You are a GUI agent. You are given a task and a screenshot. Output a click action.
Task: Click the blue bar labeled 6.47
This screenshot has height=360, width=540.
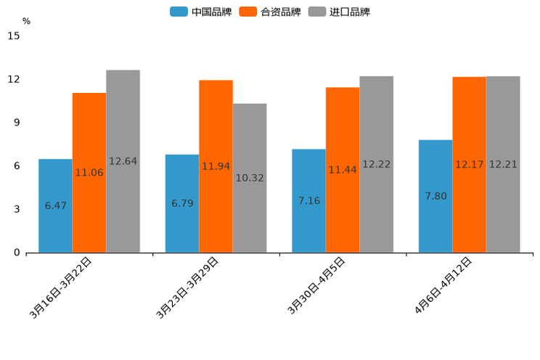coord(55,205)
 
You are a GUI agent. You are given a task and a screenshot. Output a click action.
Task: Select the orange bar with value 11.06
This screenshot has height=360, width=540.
coord(89,173)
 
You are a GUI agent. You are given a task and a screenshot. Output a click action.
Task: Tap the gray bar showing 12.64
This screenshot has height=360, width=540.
coord(123,161)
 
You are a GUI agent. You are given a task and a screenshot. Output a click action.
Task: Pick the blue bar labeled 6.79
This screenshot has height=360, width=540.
coord(182,203)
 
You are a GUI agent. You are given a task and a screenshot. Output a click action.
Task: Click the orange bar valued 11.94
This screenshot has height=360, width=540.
coord(216,166)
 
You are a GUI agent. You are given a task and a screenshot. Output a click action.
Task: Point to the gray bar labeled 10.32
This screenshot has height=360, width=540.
coord(250,178)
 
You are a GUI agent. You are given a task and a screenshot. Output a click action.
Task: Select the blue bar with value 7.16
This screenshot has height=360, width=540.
coord(308,200)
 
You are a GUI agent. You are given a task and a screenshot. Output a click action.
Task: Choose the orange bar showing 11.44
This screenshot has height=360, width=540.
coord(343,170)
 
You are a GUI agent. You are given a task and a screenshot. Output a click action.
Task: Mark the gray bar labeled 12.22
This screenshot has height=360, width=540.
coord(376,164)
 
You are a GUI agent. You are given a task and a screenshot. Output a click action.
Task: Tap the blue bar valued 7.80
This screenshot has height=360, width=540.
coord(435,196)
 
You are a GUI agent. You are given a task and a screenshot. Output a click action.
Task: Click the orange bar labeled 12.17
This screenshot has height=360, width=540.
coord(469,165)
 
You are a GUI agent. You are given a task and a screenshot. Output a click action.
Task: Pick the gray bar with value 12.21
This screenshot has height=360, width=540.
coord(503,164)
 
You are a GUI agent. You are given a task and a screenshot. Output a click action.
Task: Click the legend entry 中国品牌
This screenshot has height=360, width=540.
coord(201,12)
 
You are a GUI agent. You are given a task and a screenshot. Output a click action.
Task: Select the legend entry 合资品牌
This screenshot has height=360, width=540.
coord(270,12)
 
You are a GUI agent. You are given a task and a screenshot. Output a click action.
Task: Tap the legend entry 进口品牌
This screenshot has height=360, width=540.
coord(340,12)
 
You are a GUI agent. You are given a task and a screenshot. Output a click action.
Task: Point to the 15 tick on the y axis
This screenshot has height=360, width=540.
coord(14,36)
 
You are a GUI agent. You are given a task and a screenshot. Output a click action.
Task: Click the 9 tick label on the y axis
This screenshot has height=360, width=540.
coord(17,123)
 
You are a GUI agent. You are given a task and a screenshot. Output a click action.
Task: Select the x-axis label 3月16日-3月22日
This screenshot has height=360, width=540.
coord(61,287)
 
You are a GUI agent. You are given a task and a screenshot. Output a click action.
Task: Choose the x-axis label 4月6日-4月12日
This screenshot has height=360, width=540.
coord(443,285)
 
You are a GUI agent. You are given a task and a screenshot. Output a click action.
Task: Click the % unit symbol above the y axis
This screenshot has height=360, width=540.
coord(26,21)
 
